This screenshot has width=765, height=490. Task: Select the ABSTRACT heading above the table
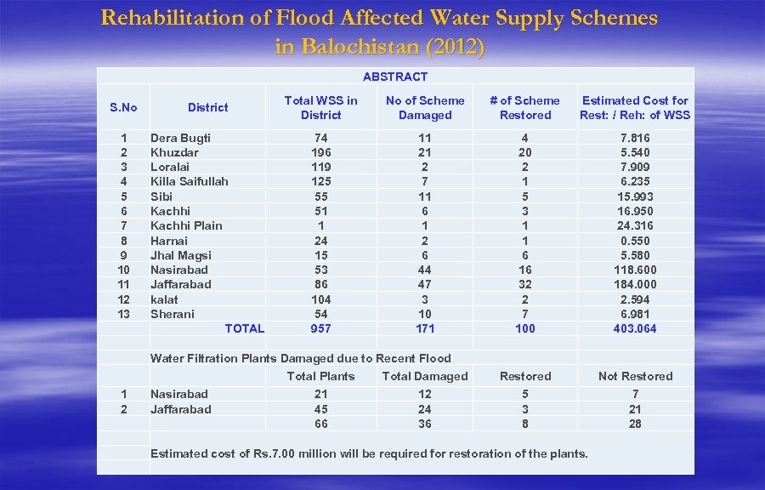tap(395, 77)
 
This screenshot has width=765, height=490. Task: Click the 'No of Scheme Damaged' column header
tap(425, 108)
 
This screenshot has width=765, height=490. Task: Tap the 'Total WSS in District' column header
tap(320, 108)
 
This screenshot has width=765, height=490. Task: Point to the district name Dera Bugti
tap(180, 138)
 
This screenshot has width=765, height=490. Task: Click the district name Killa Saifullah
tap(189, 181)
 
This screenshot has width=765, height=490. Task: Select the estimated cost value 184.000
tap(635, 284)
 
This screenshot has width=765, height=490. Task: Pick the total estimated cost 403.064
tap(635, 328)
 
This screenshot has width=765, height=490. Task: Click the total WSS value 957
tap(320, 328)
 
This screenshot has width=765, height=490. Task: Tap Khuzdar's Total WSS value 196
tap(320, 152)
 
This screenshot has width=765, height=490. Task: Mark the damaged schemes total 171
tap(425, 328)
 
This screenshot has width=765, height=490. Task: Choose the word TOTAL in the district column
tap(244, 328)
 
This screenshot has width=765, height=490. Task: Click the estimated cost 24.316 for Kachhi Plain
tap(635, 225)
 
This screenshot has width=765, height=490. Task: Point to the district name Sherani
tap(172, 314)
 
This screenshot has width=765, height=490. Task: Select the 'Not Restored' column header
tap(635, 376)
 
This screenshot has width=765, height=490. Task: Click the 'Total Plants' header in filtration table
tap(320, 376)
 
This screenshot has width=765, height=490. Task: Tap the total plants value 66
tap(320, 424)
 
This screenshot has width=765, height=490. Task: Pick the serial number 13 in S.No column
tap(124, 314)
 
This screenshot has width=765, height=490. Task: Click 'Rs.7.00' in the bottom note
tap(275, 453)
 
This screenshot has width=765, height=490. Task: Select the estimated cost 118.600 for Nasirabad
tap(635, 270)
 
